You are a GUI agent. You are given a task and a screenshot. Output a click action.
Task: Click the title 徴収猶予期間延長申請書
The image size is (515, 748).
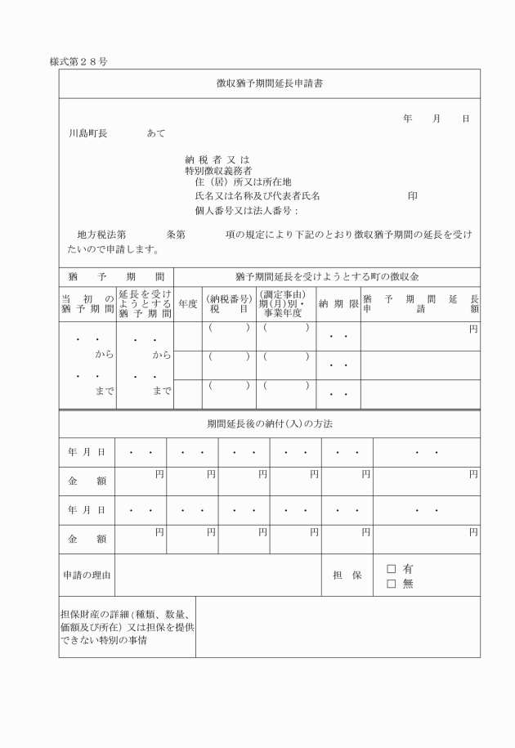pyautogui.click(x=269, y=83)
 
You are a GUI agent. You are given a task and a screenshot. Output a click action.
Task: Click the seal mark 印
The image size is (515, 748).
pyautogui.click(x=413, y=196)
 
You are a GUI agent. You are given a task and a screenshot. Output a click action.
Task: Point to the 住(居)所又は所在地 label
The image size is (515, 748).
pyautogui.click(x=243, y=182)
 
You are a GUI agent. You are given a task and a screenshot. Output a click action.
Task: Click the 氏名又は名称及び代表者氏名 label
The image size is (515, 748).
pyautogui.click(x=257, y=196)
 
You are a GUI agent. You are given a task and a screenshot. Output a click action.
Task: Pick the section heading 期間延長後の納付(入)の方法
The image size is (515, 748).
pyautogui.click(x=269, y=423)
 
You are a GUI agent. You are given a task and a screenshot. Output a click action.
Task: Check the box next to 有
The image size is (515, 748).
pyautogui.click(x=391, y=568)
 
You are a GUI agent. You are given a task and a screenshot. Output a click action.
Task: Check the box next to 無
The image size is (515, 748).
pyautogui.click(x=391, y=583)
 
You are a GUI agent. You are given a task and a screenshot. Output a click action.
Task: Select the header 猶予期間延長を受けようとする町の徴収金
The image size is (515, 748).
pyautogui.click(x=326, y=276)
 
